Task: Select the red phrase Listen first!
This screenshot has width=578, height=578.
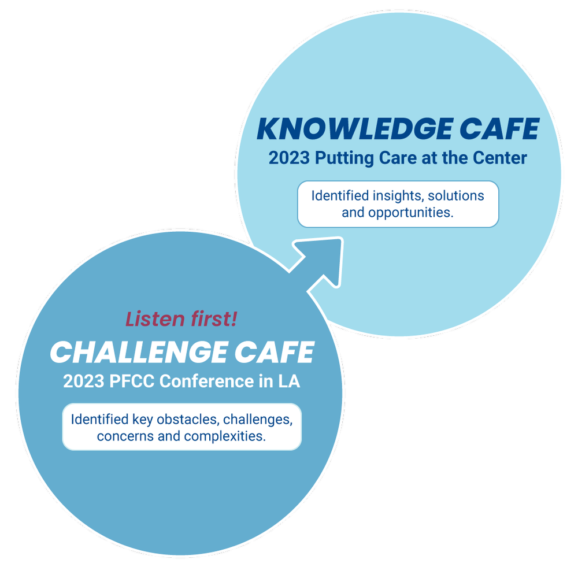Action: point(181,319)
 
